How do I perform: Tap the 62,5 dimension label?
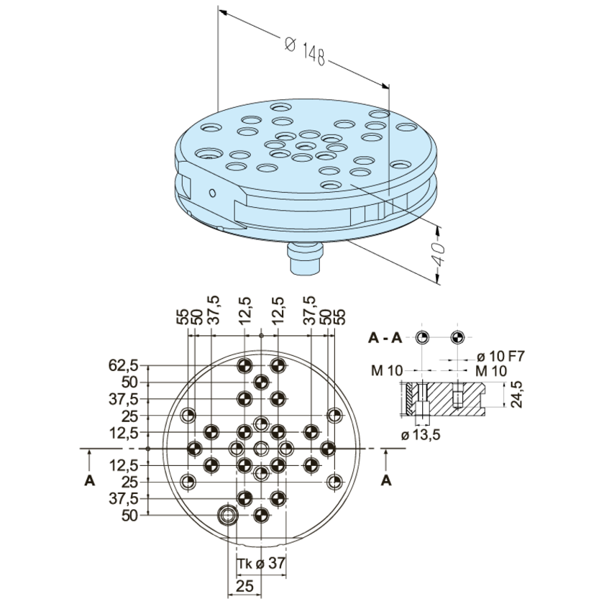[x=123, y=365]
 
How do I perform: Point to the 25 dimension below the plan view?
[x=244, y=586]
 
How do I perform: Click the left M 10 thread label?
[x=386, y=370]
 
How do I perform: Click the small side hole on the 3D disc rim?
[x=212, y=193]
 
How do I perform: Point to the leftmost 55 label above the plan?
[x=184, y=317]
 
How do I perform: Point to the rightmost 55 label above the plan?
[x=340, y=317]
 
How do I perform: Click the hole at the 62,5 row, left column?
[x=244, y=365]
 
